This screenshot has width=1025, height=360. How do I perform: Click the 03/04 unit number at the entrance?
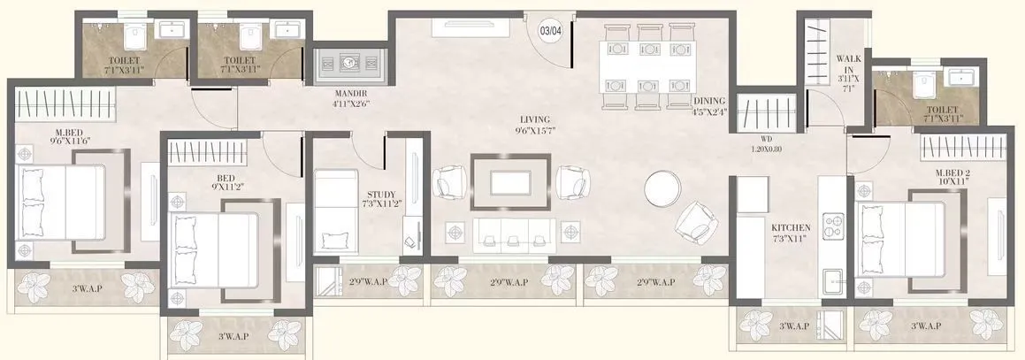550,31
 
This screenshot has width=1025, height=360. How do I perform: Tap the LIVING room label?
536,119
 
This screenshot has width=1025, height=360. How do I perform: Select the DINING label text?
709,101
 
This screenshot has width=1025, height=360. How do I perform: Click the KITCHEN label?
791,227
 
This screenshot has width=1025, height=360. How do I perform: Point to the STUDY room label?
383,195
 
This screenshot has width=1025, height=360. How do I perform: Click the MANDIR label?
350,93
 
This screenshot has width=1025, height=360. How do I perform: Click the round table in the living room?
662,188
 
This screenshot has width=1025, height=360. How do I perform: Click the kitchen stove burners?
834,223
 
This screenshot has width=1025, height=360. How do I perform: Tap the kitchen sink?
833,284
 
